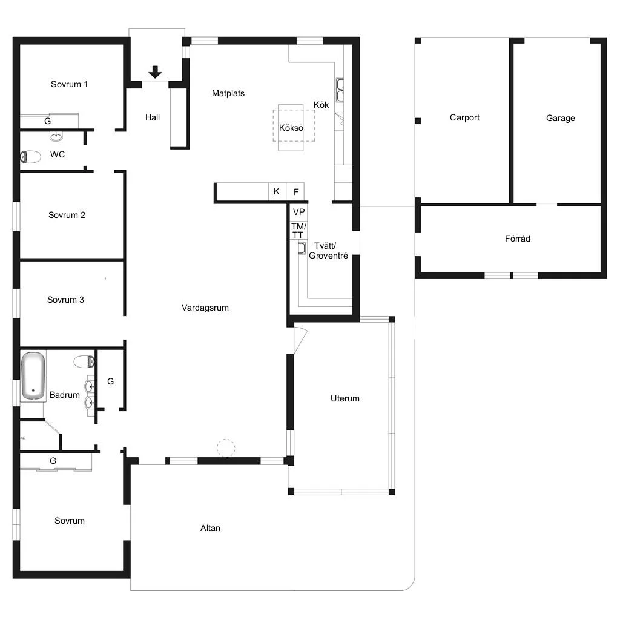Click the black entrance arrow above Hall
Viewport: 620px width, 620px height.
coord(155,72)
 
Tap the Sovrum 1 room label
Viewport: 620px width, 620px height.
coord(69,84)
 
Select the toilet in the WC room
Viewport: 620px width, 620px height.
coord(30,157)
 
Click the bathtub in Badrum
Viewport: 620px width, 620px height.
coord(33,375)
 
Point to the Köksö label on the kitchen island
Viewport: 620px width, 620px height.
coord(291,128)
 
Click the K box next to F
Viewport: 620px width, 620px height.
coord(277,192)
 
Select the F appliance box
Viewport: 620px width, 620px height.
coord(295,192)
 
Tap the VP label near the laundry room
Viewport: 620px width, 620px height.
coord(299,212)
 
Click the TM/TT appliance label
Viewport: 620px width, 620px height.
coord(298,231)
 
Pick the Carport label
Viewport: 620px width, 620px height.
coord(464,117)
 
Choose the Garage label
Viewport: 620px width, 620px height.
coord(560,118)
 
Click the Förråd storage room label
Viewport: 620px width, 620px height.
coord(518,239)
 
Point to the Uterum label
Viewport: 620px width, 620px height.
coord(345,398)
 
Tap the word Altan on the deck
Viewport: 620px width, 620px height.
coord(210,528)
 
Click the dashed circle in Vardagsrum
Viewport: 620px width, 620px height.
coord(226,448)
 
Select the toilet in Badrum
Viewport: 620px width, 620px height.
coord(84,361)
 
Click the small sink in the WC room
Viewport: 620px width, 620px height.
coord(56,137)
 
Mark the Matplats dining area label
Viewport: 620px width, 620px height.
coord(228,93)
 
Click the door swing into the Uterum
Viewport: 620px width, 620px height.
coord(300,338)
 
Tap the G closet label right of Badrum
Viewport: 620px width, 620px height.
coord(111,381)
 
